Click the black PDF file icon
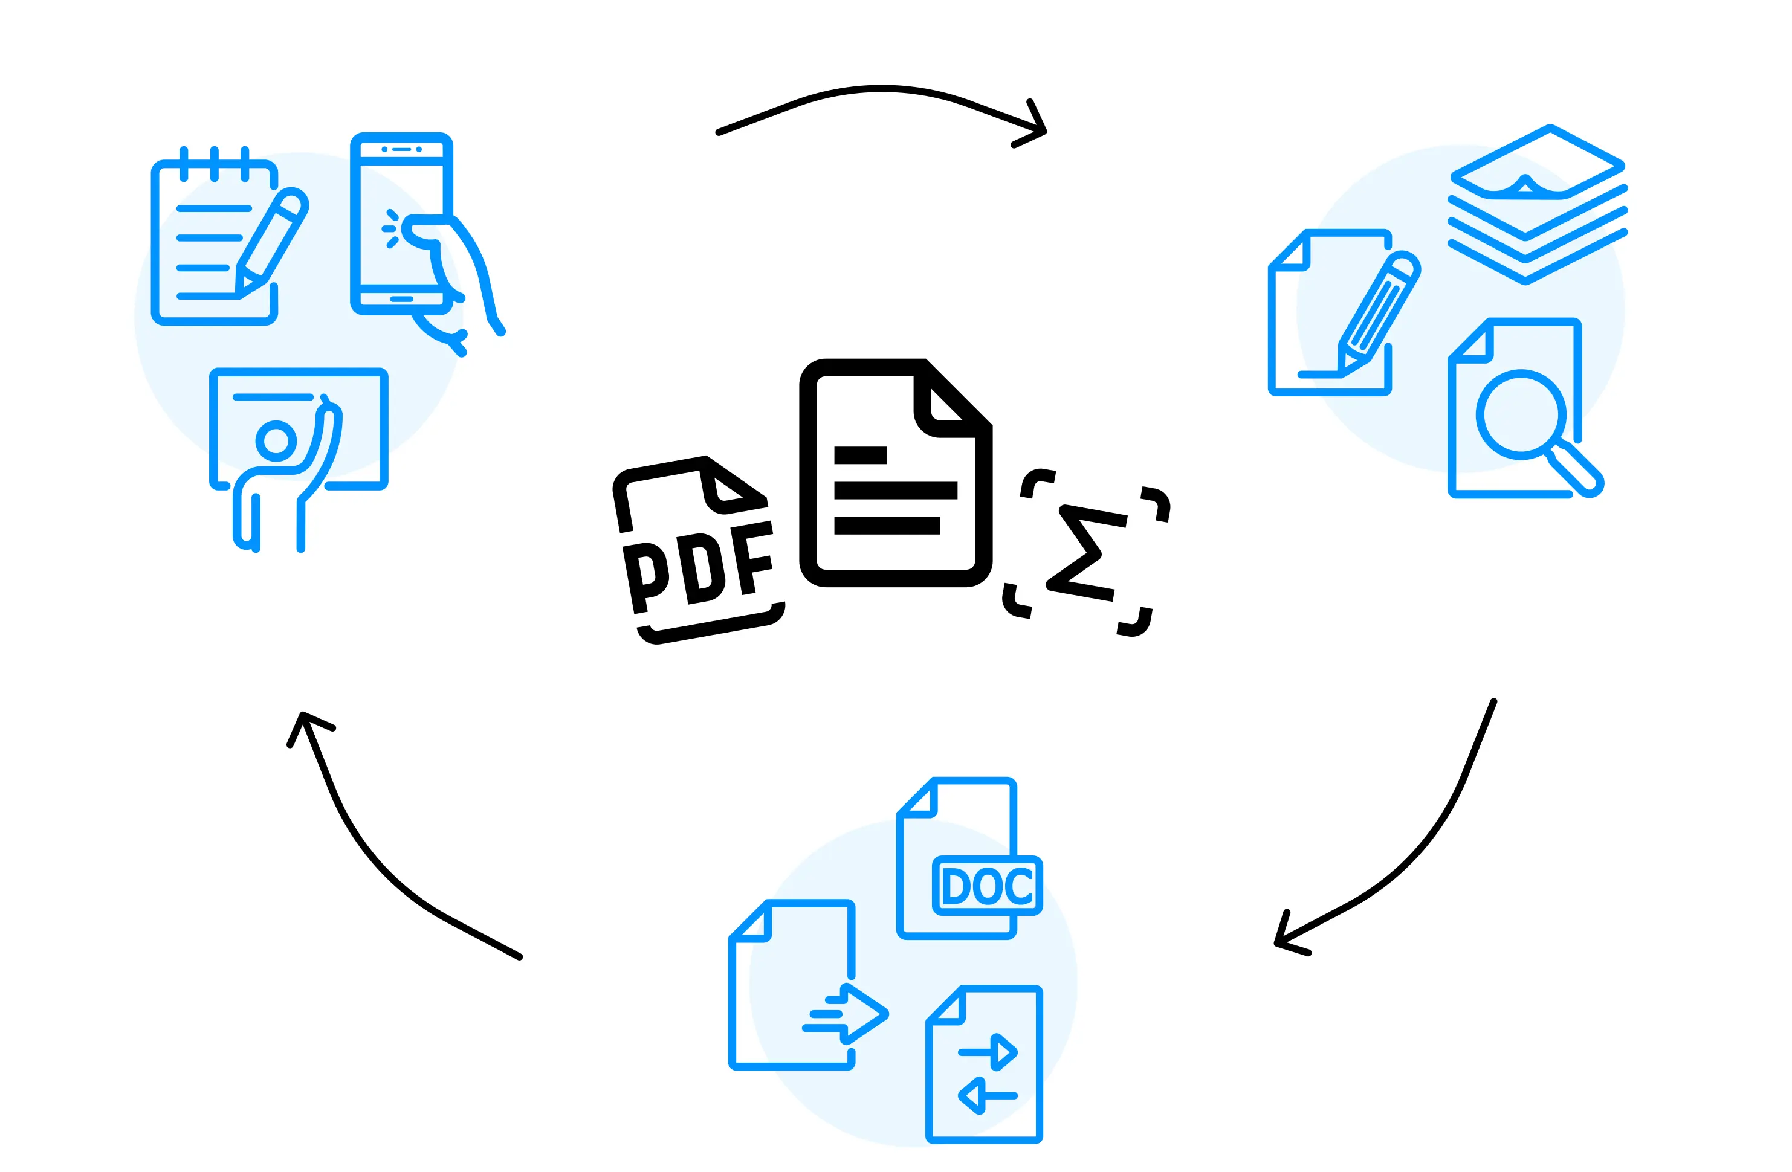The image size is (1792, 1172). [699, 550]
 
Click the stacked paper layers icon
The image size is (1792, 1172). [1538, 205]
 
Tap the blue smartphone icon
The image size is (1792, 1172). [401, 224]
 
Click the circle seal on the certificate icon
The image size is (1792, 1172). [276, 441]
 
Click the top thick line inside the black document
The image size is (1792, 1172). [860, 455]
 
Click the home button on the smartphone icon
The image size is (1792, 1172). [401, 299]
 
